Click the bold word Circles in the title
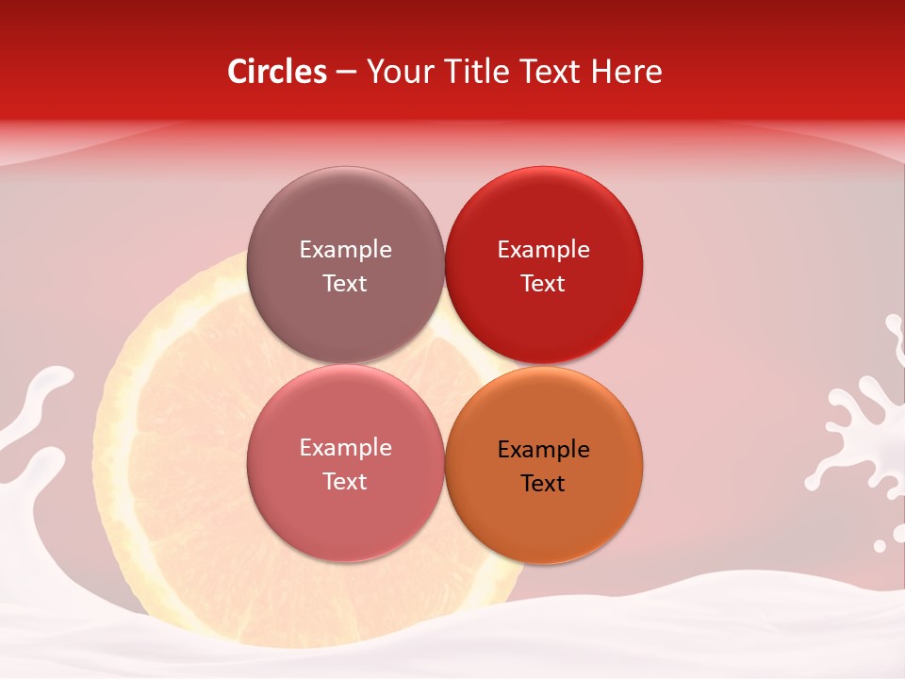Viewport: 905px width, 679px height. tap(277, 72)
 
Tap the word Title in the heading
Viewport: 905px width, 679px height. tap(477, 72)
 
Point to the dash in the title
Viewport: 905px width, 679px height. tap(346, 73)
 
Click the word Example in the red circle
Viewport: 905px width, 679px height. tap(544, 250)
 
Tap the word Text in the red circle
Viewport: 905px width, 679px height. tap(543, 284)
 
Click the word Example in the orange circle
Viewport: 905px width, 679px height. tap(544, 450)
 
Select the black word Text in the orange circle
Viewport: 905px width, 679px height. tap(543, 484)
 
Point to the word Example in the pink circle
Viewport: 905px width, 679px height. tap(345, 448)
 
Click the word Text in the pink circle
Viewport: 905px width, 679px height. tap(345, 482)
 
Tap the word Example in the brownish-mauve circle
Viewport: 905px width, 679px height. tap(345, 250)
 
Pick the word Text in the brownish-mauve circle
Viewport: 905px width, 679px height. tap(345, 284)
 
